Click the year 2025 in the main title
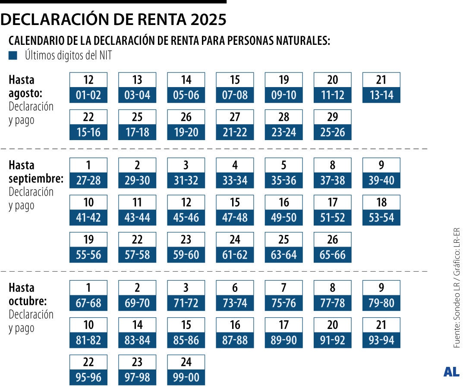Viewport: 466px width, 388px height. [204, 19]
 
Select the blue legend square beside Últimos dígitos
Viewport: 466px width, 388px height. [13, 55]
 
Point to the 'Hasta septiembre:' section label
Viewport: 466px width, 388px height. [36, 172]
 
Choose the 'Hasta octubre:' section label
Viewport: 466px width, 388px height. [28, 294]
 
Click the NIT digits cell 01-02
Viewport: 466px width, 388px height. [88, 95]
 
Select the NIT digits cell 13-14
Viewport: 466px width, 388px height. [381, 95]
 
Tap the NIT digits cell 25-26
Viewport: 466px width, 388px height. [333, 132]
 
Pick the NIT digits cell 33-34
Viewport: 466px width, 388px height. [235, 180]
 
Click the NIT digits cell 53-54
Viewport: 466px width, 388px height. [381, 218]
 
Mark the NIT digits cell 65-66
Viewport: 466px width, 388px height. [333, 255]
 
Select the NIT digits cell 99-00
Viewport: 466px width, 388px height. [186, 377]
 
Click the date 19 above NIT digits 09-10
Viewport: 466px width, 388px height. [284, 80]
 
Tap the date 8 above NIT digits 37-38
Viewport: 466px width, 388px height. [333, 166]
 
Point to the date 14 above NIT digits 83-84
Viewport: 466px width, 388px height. [137, 325]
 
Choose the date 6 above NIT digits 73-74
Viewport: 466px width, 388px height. [235, 288]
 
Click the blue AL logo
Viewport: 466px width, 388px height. [451, 372]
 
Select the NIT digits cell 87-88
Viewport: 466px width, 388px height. [235, 340]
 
